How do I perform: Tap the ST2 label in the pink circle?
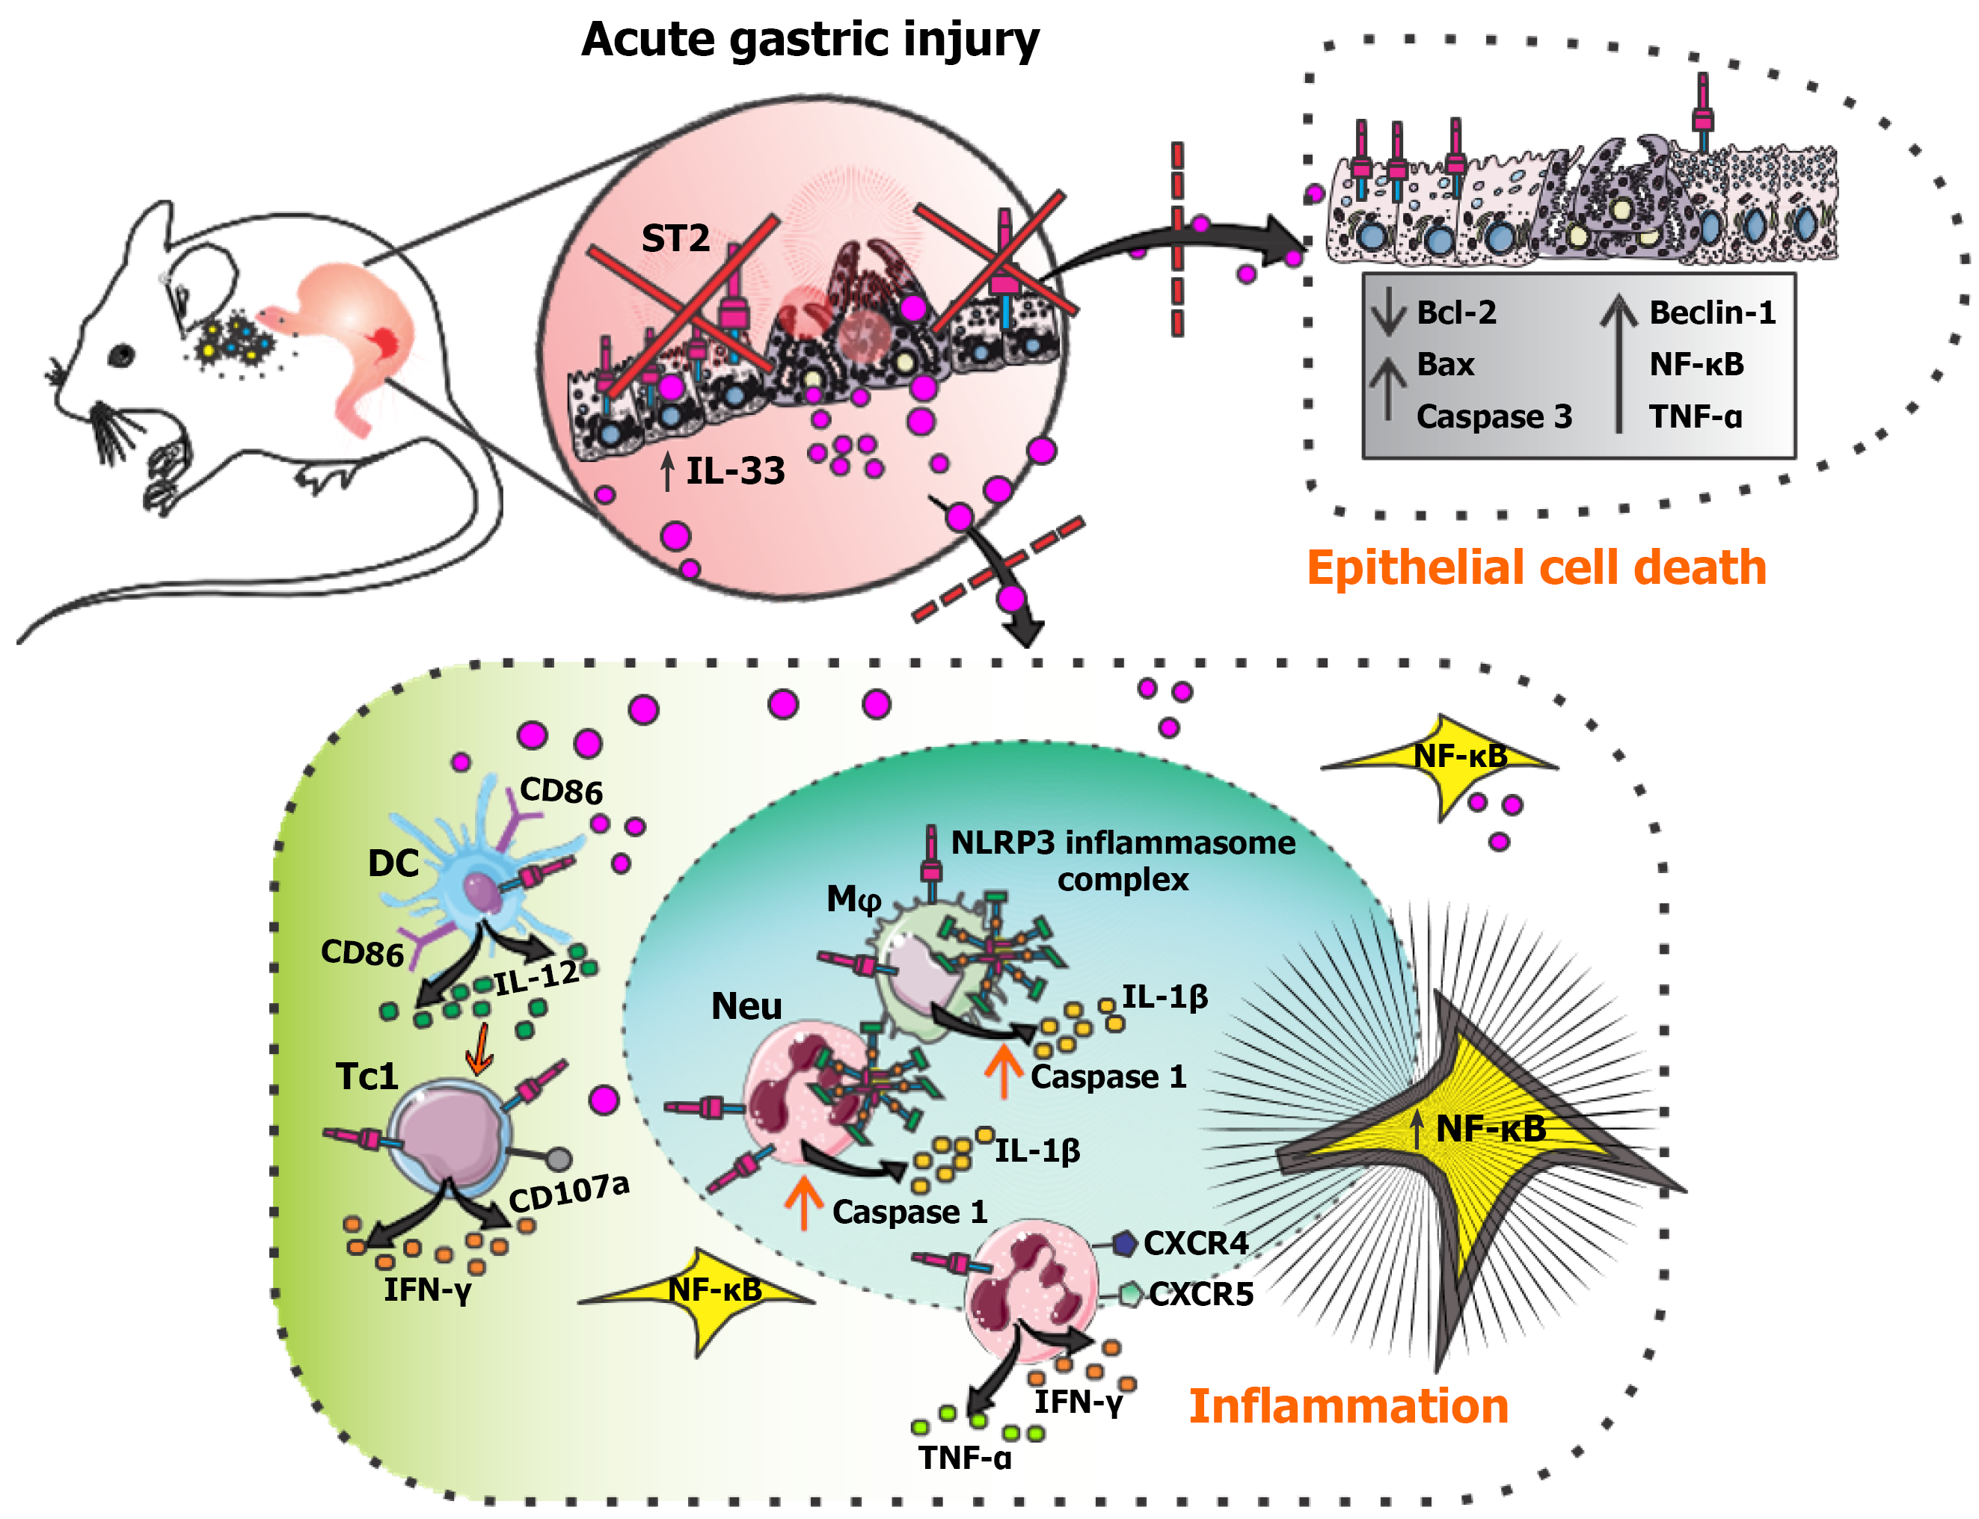675,238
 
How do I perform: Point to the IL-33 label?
734,471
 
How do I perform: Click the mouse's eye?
121,355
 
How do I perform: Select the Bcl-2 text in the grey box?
1455,312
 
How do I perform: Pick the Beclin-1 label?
1711,312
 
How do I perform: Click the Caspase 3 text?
1494,417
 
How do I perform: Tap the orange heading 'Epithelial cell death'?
1535,568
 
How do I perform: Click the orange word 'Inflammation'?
1348,1406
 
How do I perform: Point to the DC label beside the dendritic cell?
393,863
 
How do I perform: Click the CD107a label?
568,1192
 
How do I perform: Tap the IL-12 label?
536,977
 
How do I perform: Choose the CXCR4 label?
1195,1243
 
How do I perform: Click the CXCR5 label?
1200,1295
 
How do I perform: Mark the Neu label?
746,1006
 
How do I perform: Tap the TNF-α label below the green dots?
964,1458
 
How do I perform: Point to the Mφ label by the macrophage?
853,899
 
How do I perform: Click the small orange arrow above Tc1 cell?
479,1050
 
